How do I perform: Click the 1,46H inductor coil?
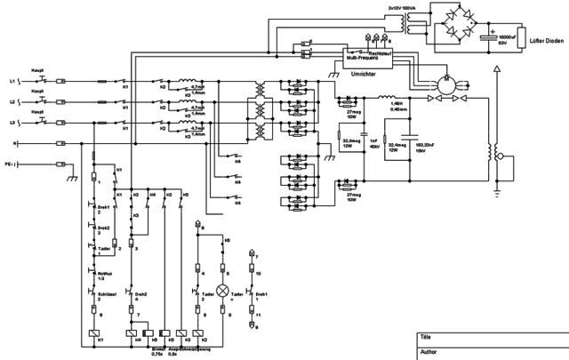(x=386, y=98)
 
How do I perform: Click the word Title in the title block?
(x=426, y=339)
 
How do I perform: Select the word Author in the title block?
(x=429, y=352)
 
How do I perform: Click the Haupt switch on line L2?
(x=38, y=102)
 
